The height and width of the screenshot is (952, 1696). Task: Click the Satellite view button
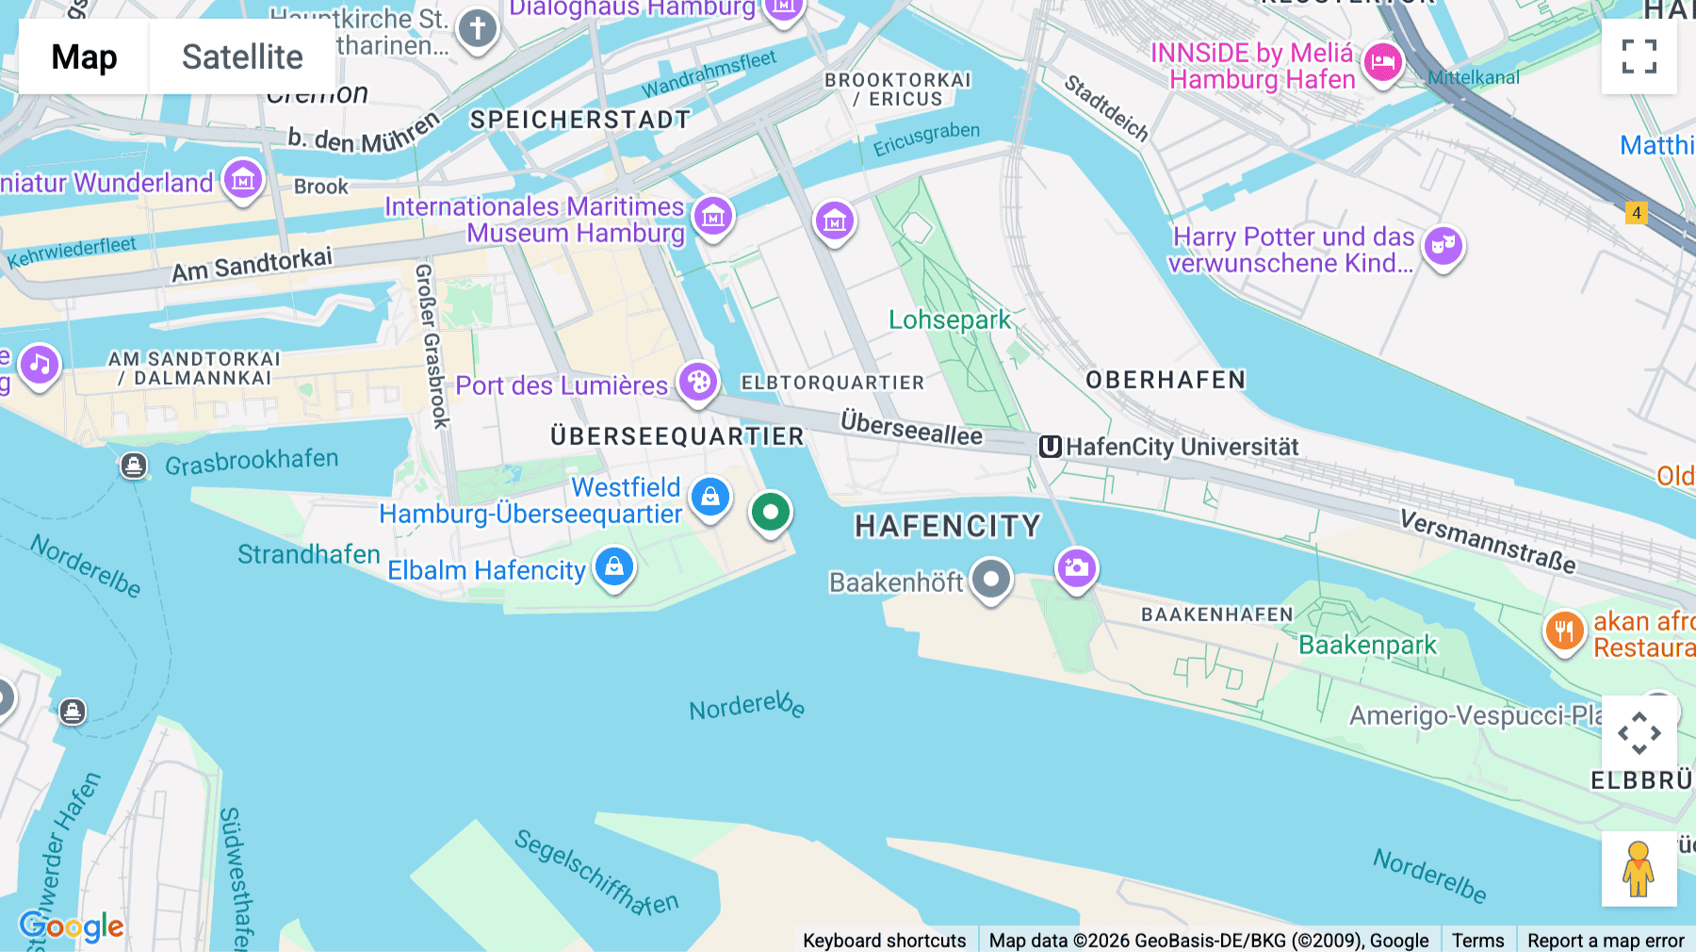(242, 57)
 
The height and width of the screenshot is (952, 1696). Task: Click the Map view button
(84, 57)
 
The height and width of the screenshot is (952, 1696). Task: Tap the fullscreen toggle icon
(1639, 57)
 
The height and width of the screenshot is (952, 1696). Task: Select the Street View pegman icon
(1639, 869)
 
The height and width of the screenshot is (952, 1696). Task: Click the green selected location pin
(771, 513)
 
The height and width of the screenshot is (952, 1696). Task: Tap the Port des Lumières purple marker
(698, 383)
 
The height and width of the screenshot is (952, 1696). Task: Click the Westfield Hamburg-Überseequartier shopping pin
(710, 496)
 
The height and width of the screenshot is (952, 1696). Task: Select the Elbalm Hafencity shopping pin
(614, 567)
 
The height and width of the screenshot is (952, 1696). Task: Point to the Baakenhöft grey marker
(991, 579)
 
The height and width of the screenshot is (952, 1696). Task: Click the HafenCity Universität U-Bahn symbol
(1050, 447)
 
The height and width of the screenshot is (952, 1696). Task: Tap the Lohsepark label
(949, 320)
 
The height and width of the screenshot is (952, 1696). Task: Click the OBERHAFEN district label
(1166, 380)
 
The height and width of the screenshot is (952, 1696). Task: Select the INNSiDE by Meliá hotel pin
(1382, 64)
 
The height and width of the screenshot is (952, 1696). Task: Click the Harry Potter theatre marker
(1443, 246)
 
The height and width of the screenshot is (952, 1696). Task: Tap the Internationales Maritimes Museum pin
(713, 218)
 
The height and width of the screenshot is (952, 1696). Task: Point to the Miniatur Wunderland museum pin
(243, 178)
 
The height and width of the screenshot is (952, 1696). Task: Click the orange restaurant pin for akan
(1564, 631)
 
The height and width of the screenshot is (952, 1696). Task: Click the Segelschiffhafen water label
(595, 874)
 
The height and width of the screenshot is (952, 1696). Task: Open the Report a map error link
(1605, 940)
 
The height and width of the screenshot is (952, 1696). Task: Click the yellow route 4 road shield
(1637, 213)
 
